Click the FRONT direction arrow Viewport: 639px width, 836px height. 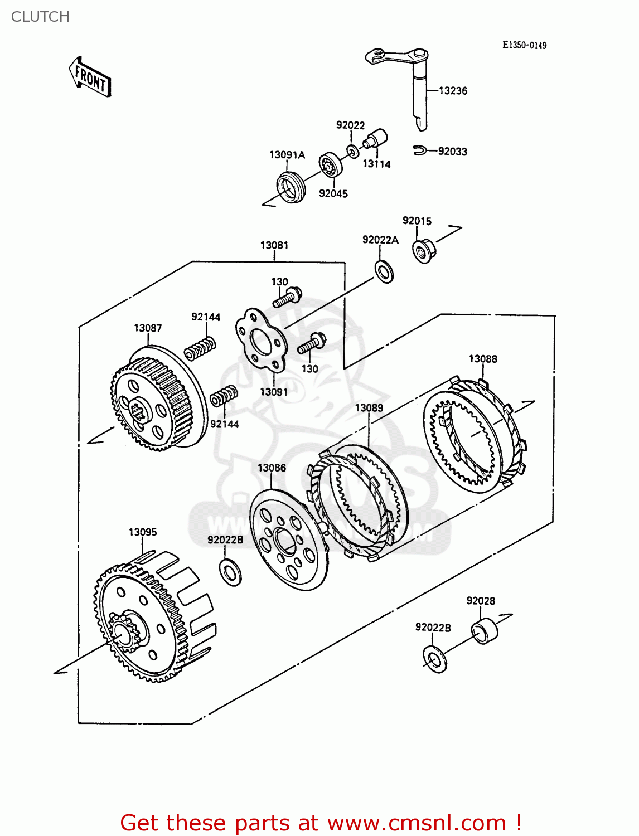coord(90,77)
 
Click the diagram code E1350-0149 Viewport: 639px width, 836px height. coord(524,45)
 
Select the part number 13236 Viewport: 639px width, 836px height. coord(453,91)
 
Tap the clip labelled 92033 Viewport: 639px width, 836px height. coord(420,150)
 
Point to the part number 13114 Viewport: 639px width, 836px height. coord(376,164)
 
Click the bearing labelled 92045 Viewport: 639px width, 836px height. coord(330,164)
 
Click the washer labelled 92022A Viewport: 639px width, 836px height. coord(384,271)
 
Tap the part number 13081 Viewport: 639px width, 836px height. coord(274,245)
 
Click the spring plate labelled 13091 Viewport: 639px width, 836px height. coord(262,340)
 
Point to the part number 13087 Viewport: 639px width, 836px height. coord(148,328)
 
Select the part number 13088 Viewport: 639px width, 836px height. coord(483,359)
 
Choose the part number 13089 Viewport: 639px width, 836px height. coord(369,408)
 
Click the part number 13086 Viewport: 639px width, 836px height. coord(272,468)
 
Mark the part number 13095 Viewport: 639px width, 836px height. coord(143,532)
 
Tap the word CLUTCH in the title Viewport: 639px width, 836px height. coord(40,17)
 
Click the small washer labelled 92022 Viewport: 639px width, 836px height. coord(353,151)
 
